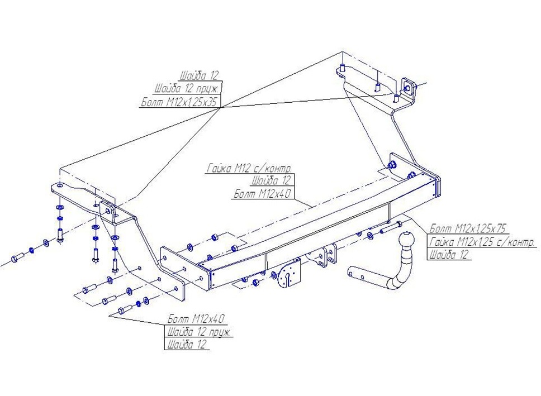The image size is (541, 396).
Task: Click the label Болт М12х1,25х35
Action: point(181,102)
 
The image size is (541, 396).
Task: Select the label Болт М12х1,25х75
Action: point(467,228)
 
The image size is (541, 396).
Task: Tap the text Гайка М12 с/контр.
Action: point(249,168)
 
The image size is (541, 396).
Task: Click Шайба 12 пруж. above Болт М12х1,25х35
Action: point(187,89)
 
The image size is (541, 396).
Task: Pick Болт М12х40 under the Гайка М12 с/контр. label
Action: point(263,193)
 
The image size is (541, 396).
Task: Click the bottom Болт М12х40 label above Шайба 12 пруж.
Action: point(196,318)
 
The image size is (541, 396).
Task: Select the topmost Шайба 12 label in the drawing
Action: point(200,75)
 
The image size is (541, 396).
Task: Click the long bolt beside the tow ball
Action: point(391,227)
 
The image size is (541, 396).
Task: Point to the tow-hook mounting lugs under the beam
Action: point(322,255)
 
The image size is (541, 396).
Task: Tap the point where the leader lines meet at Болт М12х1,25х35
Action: point(220,107)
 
